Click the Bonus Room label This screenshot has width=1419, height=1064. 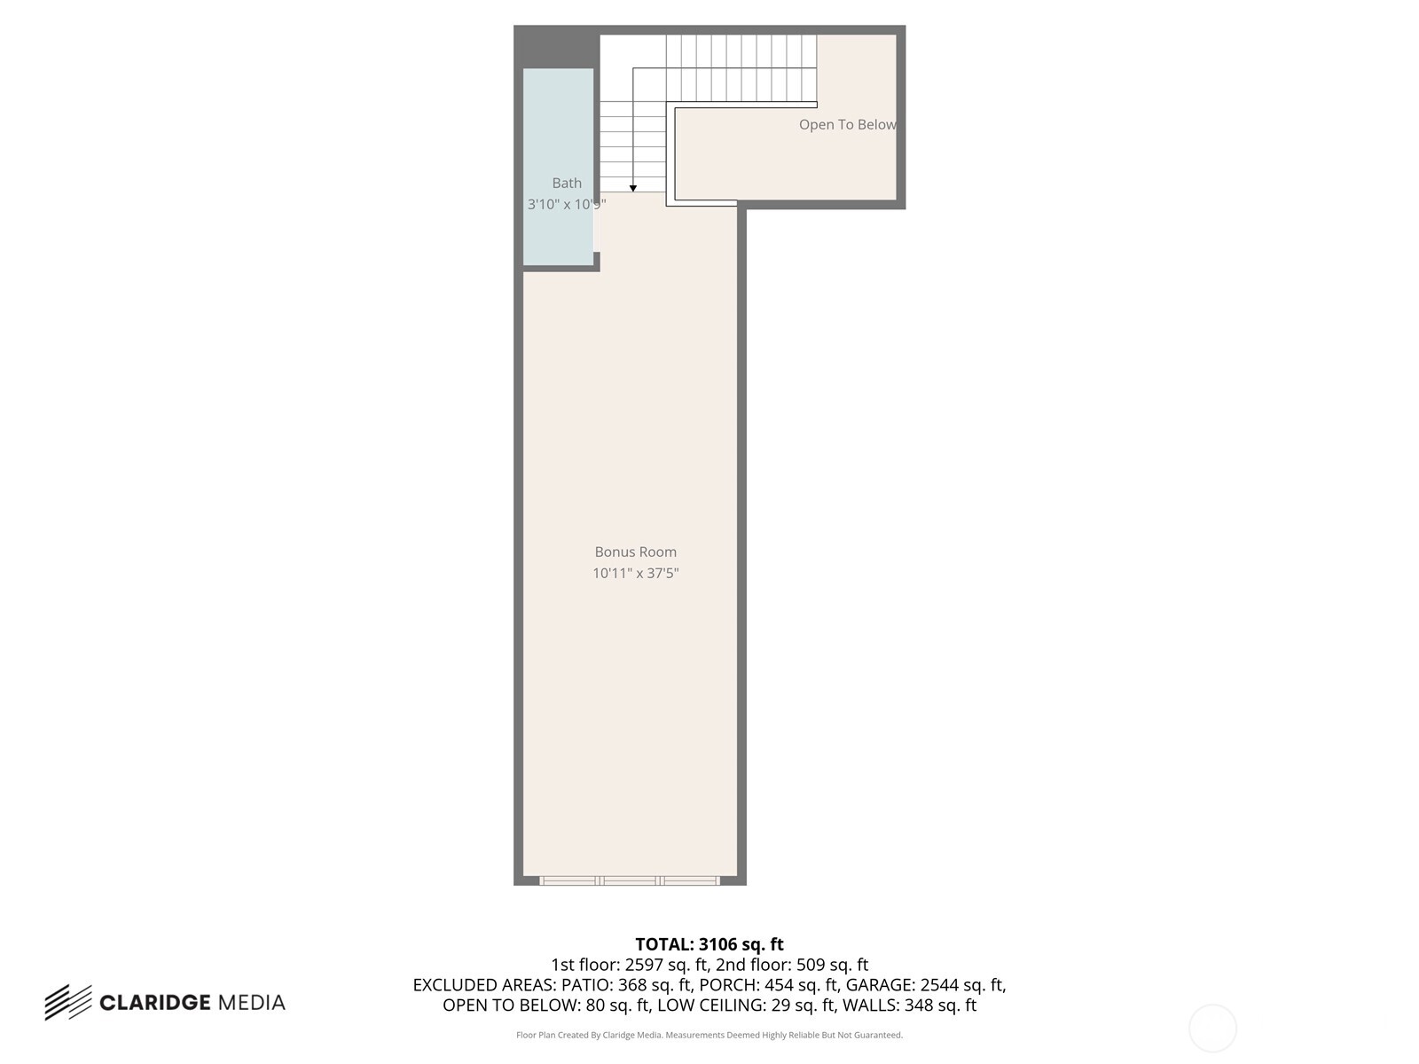coord(635,552)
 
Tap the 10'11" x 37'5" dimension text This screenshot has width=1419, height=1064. coord(635,573)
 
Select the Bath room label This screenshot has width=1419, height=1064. coord(567,183)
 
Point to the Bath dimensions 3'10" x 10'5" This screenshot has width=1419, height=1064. coord(566,204)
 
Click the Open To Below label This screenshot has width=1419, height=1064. coord(847,124)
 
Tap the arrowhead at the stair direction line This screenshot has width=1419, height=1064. coord(633,188)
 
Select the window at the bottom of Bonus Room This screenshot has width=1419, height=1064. coord(630,880)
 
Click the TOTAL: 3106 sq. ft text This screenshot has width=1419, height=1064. coord(709,944)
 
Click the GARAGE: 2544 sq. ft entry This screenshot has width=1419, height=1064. coord(925,985)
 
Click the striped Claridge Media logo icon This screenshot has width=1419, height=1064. coord(68,1002)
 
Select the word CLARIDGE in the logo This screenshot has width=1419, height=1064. coord(154,1003)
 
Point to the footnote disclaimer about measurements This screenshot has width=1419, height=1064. coord(709,1035)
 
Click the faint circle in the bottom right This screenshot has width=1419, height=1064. coord(1212,1029)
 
